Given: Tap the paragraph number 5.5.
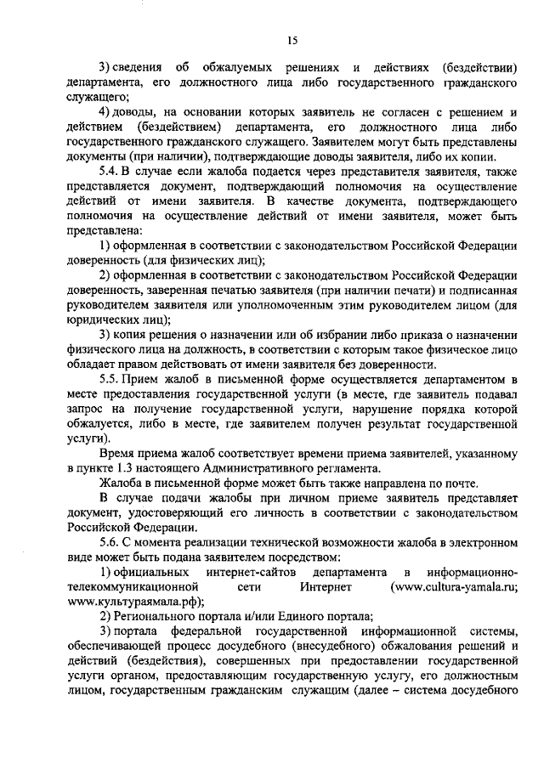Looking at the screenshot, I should click(x=110, y=377).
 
